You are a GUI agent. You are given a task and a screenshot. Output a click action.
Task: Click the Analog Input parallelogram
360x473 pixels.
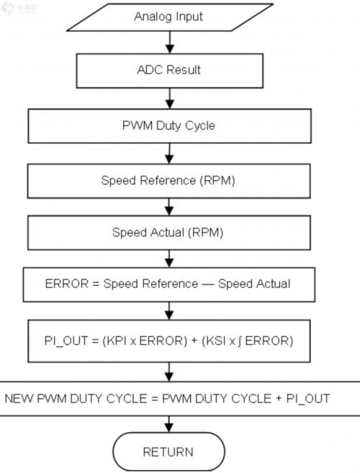[x=170, y=17]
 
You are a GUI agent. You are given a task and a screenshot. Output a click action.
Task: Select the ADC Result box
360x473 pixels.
[x=170, y=71]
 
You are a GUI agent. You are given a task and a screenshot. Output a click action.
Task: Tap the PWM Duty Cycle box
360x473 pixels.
[x=170, y=126]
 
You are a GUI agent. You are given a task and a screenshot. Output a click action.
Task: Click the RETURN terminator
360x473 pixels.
[x=169, y=451]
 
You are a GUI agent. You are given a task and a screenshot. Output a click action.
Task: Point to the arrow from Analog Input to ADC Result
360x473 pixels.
[x=170, y=42]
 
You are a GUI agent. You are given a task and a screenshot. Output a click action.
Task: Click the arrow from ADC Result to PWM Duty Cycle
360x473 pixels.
[x=170, y=99]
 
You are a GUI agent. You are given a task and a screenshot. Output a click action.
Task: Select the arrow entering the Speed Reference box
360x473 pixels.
[x=169, y=153]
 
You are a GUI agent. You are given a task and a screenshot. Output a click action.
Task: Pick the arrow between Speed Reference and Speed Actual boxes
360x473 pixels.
[x=169, y=207]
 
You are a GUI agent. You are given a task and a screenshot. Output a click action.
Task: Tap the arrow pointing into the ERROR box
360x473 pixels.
[x=169, y=258]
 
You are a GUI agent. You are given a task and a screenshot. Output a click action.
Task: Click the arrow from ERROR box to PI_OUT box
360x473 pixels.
[x=169, y=311]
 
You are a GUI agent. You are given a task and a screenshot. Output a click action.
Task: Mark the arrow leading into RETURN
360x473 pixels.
[x=169, y=424]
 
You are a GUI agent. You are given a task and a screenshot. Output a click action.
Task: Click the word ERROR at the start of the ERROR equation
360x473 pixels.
[x=67, y=284]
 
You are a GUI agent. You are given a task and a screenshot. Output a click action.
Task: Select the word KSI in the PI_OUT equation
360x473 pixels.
[x=216, y=341]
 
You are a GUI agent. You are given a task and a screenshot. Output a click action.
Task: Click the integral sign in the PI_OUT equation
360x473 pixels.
[x=240, y=341]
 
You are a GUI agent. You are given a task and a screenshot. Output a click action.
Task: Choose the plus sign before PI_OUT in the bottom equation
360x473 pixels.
[x=279, y=399]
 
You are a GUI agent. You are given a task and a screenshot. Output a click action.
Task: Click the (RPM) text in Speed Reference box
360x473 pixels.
[x=217, y=181]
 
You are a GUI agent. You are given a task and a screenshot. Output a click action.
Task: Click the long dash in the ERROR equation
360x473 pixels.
[x=208, y=284]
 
